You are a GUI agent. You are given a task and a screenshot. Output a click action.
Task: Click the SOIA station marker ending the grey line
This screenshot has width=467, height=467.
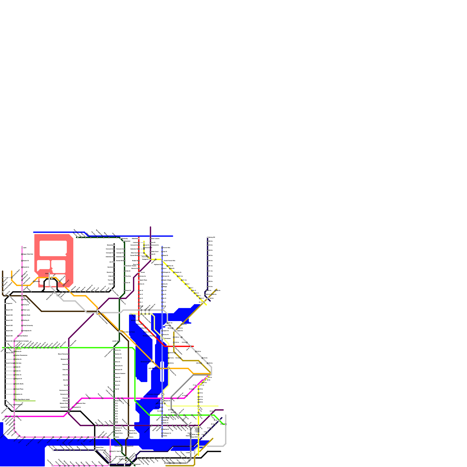pyautogui.click(x=49, y=274)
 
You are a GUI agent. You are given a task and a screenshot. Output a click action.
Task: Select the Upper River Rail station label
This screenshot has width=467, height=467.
pyautogui.click(x=28, y=254)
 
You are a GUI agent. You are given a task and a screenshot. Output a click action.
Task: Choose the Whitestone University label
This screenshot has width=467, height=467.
pyautogui.click(x=28, y=325)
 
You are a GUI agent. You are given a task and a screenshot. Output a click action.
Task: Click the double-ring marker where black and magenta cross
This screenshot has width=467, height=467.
pyautogui.click(x=69, y=411)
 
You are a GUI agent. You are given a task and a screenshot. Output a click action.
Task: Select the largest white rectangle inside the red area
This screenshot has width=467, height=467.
pyautogui.click(x=53, y=248)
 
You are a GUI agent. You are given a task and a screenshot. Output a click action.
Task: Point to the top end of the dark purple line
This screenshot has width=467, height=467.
pyautogui.click(x=150, y=227)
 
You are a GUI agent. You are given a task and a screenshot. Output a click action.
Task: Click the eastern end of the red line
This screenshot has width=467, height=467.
pyautogui.click(x=194, y=346)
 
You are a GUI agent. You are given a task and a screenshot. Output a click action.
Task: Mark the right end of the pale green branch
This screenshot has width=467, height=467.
pyautogui.click(x=35, y=401)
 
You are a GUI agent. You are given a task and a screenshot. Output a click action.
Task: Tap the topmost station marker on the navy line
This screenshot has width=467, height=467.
pyautogui.click(x=208, y=238)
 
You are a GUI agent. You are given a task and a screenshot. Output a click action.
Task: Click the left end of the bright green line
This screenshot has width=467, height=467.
pyautogui.click(x=2, y=348)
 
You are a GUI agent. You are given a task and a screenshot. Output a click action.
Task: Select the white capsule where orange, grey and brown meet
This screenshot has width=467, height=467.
pyautogui.click(x=97, y=312)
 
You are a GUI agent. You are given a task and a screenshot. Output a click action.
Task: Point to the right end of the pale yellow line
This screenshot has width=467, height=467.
pyautogui.click(x=218, y=406)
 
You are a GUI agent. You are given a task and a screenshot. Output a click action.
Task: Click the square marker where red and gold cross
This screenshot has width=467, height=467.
pyautogui.click(x=174, y=346)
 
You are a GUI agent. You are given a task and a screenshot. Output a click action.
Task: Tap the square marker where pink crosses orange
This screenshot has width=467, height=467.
pyautogui.click(x=22, y=285)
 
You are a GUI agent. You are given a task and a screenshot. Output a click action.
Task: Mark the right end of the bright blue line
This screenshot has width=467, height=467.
pyautogui.click(x=172, y=236)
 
